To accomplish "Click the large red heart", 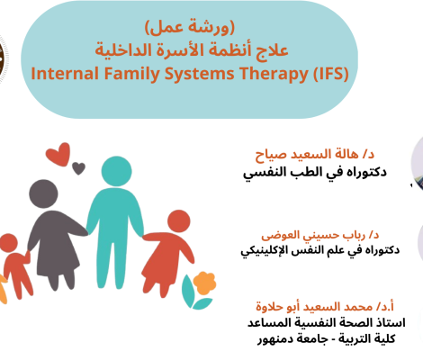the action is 58,154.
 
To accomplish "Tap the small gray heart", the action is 78,168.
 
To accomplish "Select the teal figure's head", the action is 116,171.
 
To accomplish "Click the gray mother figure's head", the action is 43,193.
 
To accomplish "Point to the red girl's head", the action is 179,221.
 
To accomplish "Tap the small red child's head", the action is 8,243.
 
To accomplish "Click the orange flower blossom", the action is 204,283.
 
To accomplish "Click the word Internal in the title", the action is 65,74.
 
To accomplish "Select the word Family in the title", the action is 132,74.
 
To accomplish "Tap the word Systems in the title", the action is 200,74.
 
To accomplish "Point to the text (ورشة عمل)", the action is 190,27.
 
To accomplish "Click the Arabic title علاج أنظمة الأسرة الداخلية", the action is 192,49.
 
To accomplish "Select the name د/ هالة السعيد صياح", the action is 315,155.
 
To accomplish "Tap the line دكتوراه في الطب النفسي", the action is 315,173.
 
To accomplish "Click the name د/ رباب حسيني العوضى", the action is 320,235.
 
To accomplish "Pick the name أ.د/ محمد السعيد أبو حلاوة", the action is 325,307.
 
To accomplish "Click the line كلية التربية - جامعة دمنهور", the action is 327,339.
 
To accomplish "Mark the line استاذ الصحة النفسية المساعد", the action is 327,323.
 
